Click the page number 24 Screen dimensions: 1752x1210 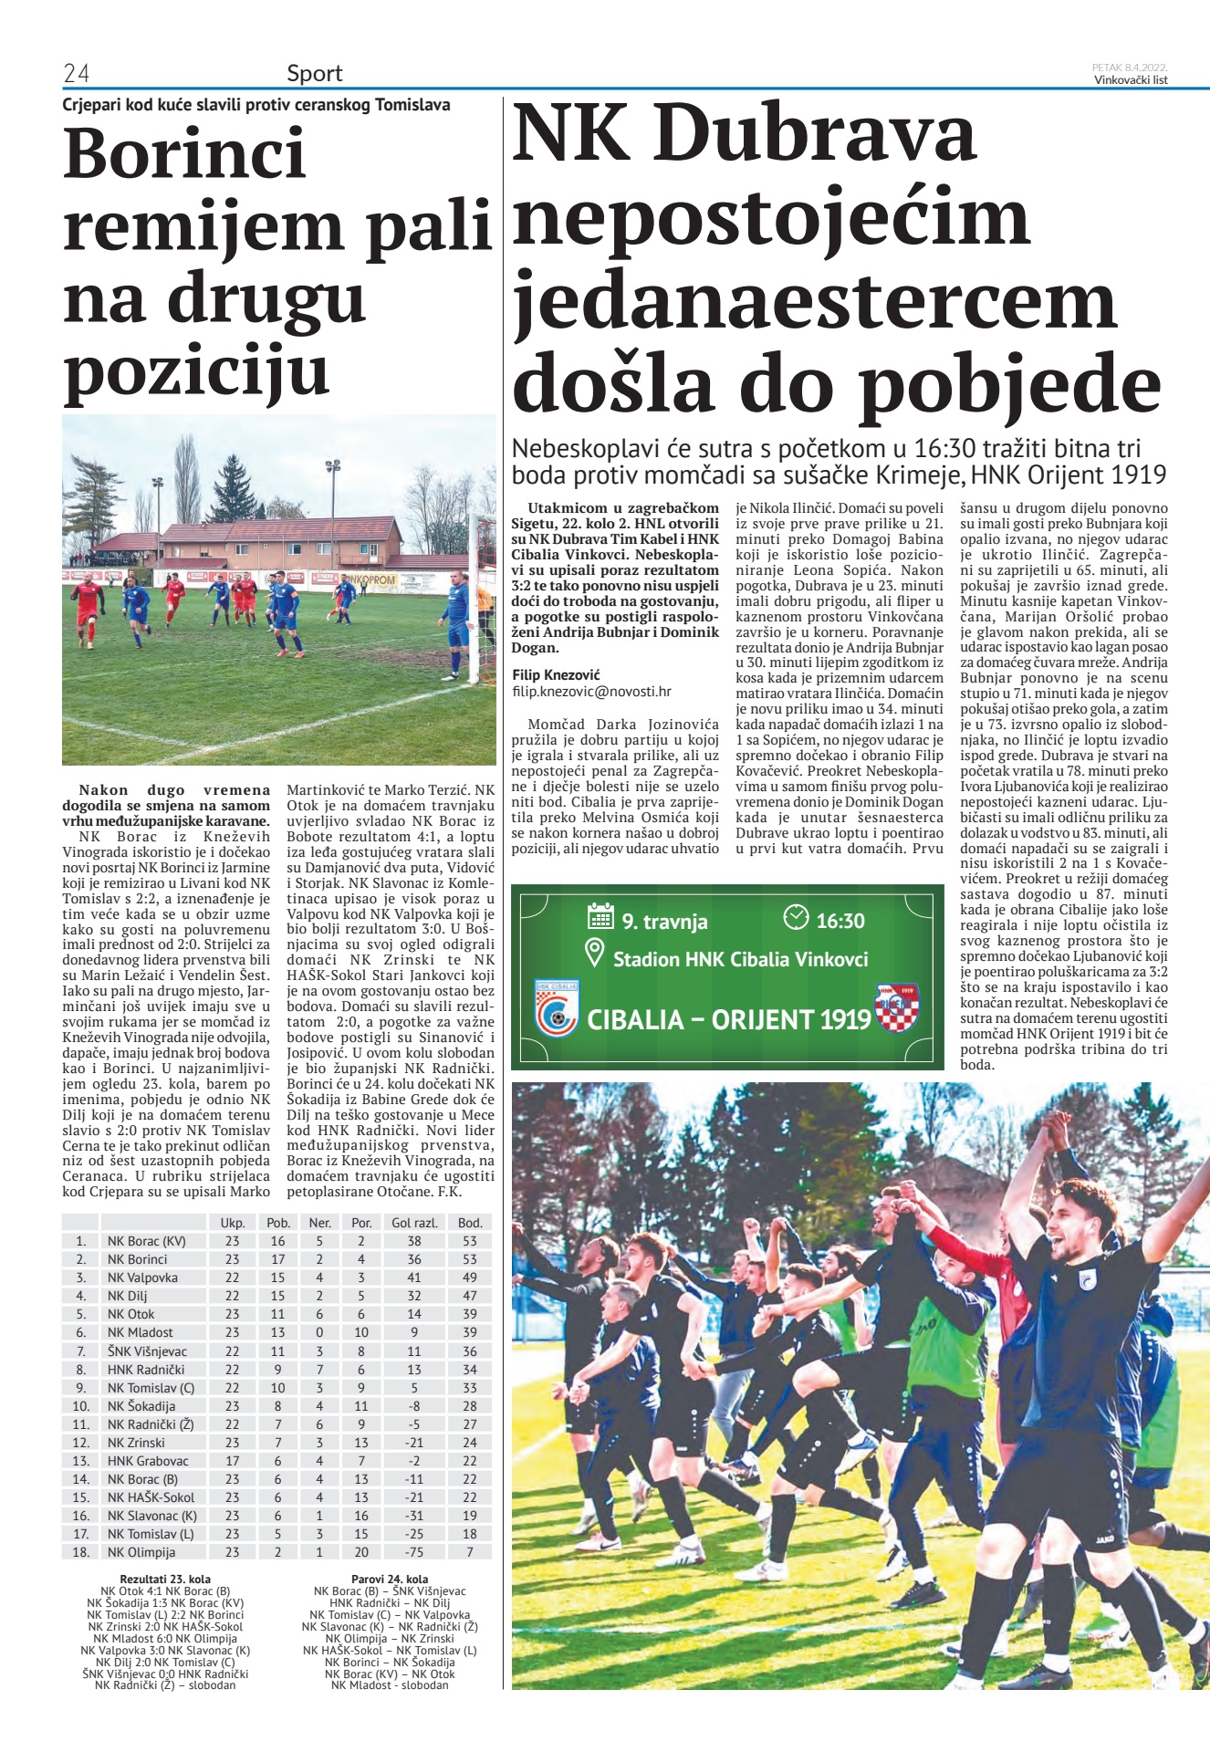click(x=76, y=73)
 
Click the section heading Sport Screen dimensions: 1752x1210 click(x=314, y=73)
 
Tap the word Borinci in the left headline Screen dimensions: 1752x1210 click(x=184, y=153)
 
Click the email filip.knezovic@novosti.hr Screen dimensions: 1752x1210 click(x=591, y=693)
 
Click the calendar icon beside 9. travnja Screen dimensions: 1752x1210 click(x=600, y=916)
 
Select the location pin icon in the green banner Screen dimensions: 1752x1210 click(x=595, y=954)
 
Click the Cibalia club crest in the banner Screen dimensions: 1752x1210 click(x=557, y=1007)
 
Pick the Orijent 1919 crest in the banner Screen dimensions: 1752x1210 click(x=896, y=1007)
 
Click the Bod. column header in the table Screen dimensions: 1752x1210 click(x=469, y=1223)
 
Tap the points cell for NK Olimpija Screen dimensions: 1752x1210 click(x=469, y=1552)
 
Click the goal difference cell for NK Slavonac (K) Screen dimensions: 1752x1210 click(x=414, y=1516)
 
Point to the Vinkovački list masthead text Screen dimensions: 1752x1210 click(x=1131, y=79)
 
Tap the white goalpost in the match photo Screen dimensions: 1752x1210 click(x=475, y=602)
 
